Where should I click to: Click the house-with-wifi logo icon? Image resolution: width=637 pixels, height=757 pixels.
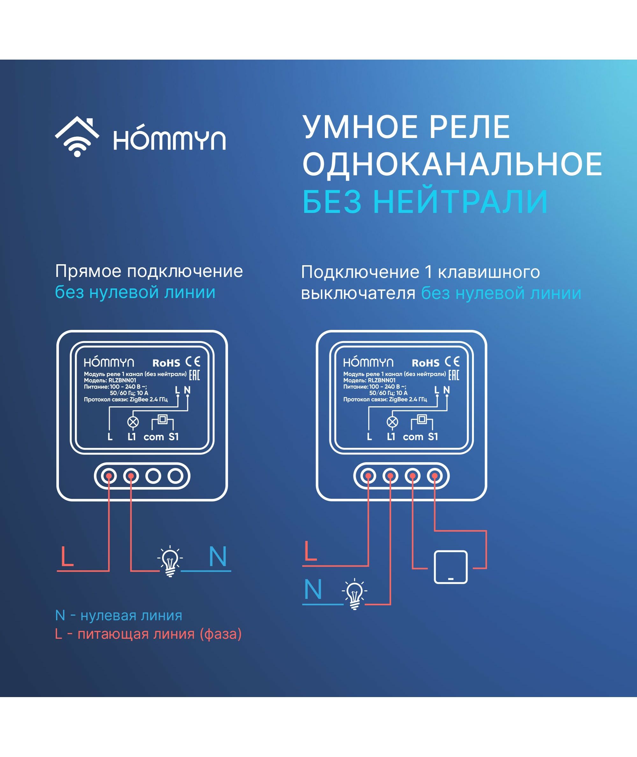click(77, 137)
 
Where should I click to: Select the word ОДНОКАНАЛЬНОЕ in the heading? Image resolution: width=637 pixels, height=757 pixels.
click(452, 164)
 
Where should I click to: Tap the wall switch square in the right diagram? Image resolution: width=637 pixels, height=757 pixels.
click(451, 567)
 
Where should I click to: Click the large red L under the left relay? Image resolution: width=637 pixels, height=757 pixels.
click(67, 557)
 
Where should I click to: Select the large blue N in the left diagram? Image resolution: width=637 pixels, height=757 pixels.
click(218, 557)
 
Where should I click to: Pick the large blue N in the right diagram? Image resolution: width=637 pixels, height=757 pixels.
click(313, 589)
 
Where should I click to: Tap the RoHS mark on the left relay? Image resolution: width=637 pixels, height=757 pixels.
click(166, 363)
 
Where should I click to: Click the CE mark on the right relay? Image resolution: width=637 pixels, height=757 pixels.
click(452, 362)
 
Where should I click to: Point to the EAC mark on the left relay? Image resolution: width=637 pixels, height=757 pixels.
click(194, 375)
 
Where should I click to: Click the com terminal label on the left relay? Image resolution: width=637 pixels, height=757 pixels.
click(154, 438)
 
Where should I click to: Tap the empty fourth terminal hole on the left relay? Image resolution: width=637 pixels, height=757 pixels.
click(175, 476)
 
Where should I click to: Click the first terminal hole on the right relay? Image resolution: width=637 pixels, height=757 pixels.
click(368, 476)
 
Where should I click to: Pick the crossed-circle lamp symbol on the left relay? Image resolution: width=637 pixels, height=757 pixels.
click(133, 422)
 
